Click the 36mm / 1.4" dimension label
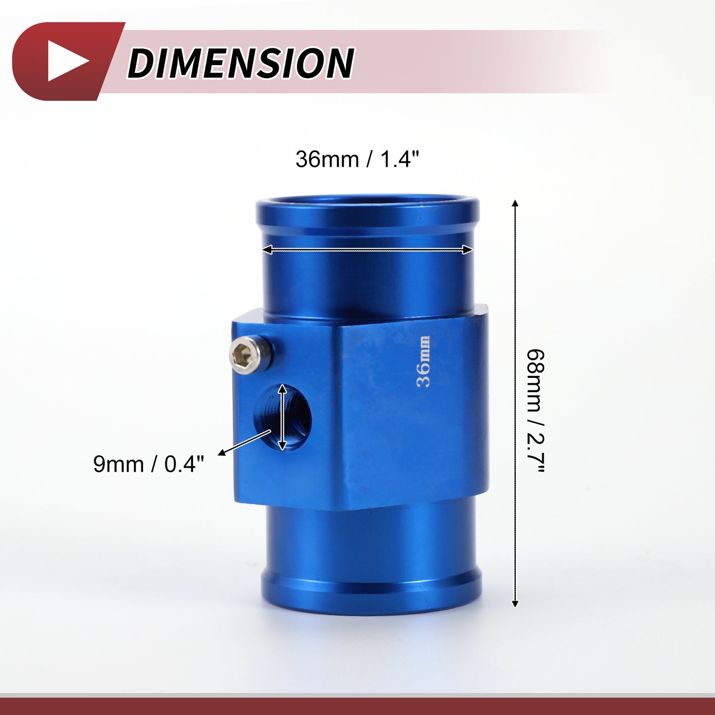[x=357, y=159]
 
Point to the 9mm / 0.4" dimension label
[x=149, y=464]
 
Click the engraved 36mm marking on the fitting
[x=424, y=362]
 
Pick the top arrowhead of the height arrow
[x=514, y=204]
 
